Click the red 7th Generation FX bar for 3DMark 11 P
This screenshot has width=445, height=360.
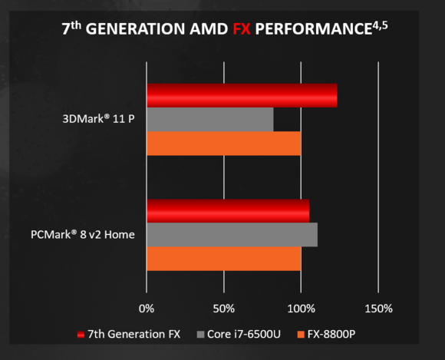click(242, 95)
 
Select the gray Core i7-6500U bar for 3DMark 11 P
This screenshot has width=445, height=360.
click(209, 120)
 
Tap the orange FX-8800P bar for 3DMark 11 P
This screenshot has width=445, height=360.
click(223, 144)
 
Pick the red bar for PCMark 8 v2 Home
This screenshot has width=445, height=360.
click(228, 210)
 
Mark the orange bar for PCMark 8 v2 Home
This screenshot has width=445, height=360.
click(223, 259)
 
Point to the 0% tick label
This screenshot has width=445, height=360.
click(147, 309)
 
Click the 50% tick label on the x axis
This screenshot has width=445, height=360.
click(223, 309)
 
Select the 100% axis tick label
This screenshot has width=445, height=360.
click(301, 309)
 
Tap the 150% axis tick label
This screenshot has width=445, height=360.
click(378, 309)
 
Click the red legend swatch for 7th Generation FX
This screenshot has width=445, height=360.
click(81, 335)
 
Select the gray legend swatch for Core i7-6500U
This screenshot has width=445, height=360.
click(202, 335)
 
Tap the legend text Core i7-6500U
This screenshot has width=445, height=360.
click(245, 335)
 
